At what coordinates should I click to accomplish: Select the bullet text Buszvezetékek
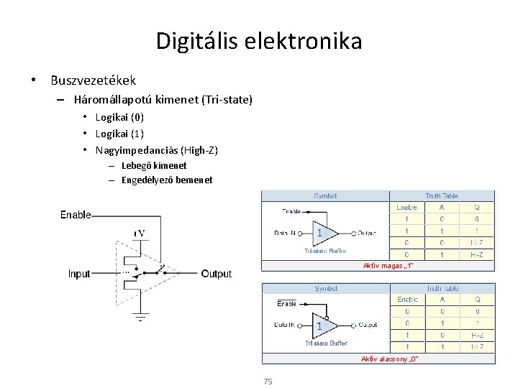pos(93,80)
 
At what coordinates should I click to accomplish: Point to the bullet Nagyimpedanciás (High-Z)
pos(156,150)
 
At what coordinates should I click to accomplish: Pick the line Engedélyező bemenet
pos(167,180)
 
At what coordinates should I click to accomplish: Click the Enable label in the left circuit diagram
pos(76,214)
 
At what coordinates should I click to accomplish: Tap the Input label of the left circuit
pos(79,274)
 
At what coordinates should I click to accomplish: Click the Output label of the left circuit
pos(217,274)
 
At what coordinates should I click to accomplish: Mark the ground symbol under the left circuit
pos(141,316)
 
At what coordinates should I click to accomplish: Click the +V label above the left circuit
pos(140,233)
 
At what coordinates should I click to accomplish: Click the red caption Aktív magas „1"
pos(388,266)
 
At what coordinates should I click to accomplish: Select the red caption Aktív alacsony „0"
pos(389,358)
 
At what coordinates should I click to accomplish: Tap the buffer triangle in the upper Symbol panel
pos(324,233)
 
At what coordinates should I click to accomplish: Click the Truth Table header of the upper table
pos(442,195)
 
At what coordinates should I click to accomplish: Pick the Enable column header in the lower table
pos(407,299)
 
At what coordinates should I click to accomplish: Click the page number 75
pos(268,382)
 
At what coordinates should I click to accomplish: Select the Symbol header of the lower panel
pos(326,288)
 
